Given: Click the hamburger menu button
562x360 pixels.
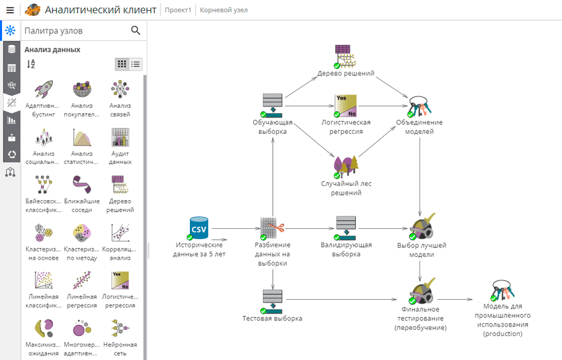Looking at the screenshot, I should point(10,10).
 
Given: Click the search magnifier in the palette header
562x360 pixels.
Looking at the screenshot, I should point(136,31).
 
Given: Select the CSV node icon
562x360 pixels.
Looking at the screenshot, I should point(199,228).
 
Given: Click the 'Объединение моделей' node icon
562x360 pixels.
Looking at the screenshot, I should point(419,105).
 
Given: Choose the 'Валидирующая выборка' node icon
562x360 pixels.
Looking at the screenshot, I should point(346,227).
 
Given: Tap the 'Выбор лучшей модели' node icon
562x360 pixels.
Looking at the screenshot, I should point(421,227).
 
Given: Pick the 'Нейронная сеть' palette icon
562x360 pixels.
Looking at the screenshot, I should point(120,329).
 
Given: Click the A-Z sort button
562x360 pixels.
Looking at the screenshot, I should point(31,64).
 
